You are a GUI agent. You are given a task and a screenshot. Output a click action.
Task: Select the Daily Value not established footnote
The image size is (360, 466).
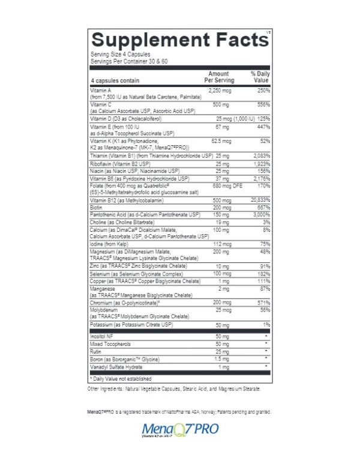pyautogui.click(x=120, y=379)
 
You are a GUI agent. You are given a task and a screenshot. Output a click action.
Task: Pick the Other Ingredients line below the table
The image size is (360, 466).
pyautogui.click(x=174, y=389)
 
